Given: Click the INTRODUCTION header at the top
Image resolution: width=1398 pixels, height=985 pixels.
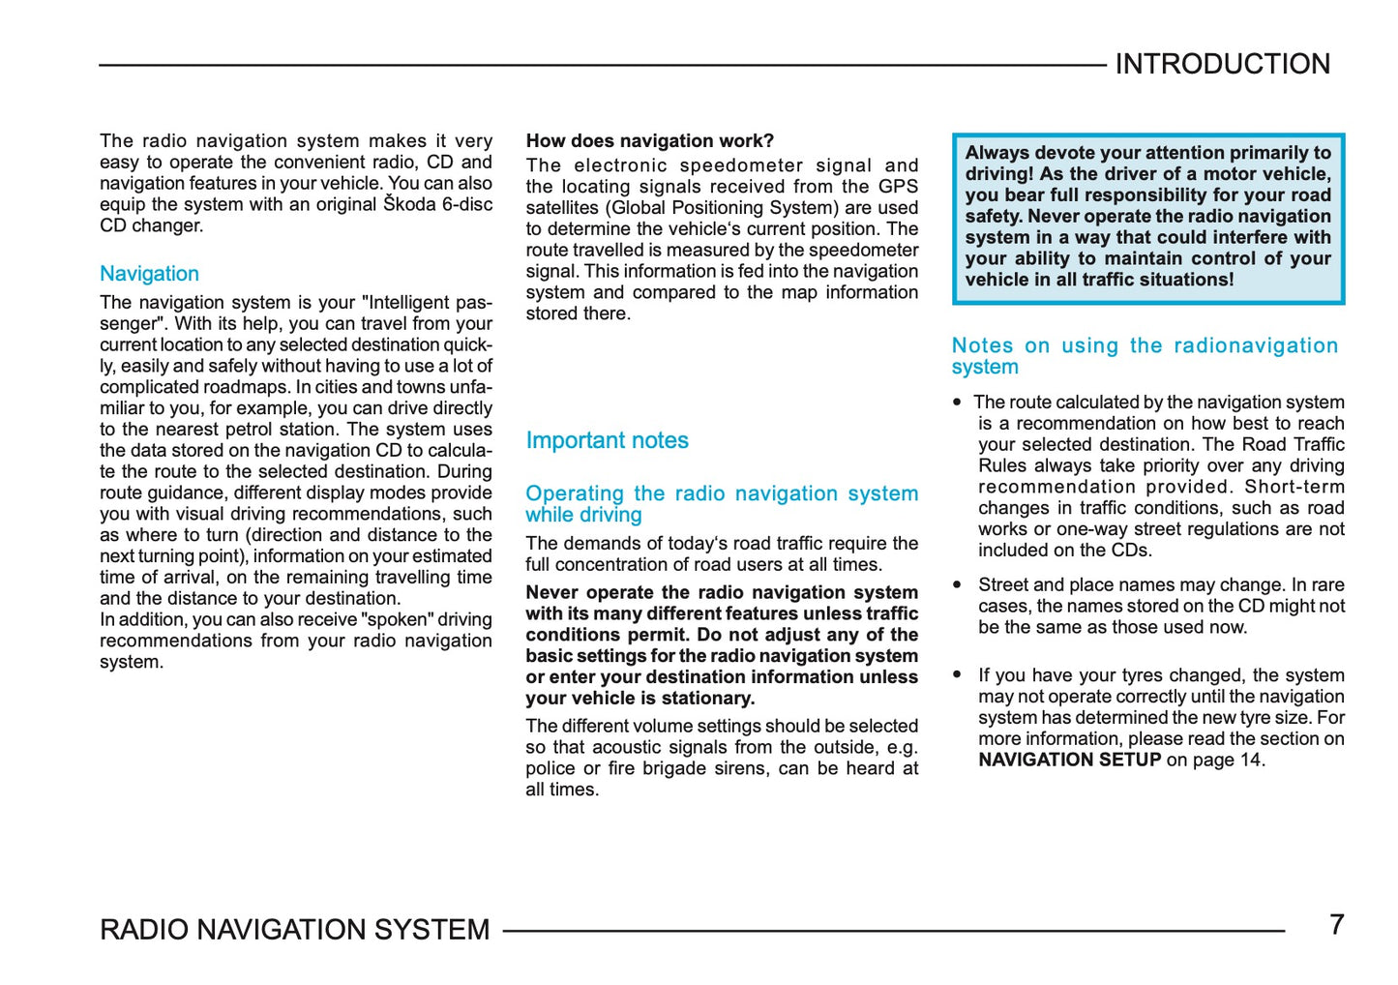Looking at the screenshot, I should pyautogui.click(x=1222, y=64).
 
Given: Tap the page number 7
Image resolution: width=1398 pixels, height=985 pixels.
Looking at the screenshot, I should pyautogui.click(x=1336, y=925).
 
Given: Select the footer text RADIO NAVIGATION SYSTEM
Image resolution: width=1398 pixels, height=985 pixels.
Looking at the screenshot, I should pyautogui.click(x=295, y=930).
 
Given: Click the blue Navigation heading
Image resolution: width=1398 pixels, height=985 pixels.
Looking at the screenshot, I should pyautogui.click(x=149, y=274).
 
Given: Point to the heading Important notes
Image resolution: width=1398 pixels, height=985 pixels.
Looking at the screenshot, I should pyautogui.click(x=607, y=440).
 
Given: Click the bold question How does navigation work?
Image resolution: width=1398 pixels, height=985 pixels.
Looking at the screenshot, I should pyautogui.click(x=649, y=141).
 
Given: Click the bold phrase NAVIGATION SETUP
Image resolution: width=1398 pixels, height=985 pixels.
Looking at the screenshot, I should pyautogui.click(x=1069, y=760).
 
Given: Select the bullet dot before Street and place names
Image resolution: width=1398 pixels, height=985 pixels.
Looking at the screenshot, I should pyautogui.click(x=957, y=584).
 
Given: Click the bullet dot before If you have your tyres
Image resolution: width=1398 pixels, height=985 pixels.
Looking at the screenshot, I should pyautogui.click(x=957, y=674).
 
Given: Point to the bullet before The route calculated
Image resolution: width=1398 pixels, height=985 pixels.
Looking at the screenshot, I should pyautogui.click(x=957, y=402).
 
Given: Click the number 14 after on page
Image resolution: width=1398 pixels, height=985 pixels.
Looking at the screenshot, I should pyautogui.click(x=1250, y=760).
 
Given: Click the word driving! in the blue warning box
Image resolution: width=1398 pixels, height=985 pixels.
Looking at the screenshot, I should pyautogui.click(x=999, y=174).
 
